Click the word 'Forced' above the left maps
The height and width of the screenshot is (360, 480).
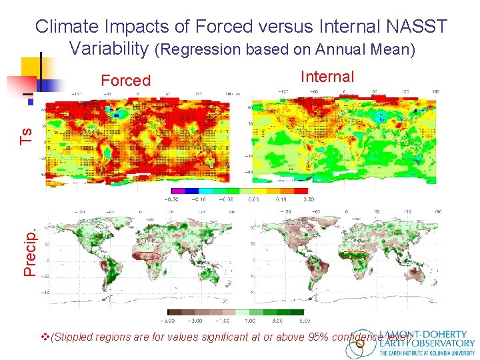pyautogui.click(x=125, y=81)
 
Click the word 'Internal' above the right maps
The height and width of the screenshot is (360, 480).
pyautogui.click(x=327, y=77)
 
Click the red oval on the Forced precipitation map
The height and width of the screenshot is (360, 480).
pyautogui.click(x=146, y=255)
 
